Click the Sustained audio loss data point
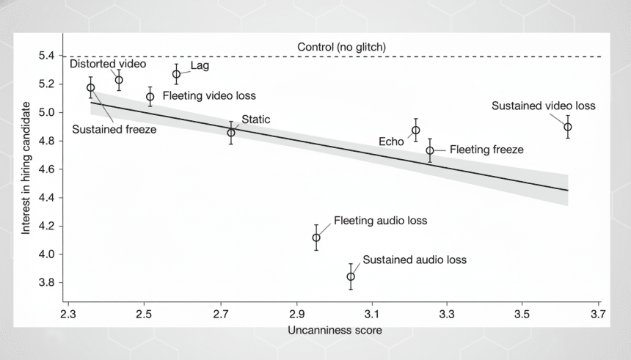(351, 276)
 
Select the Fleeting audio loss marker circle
(316, 238)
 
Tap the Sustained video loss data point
(567, 127)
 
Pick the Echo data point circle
(416, 131)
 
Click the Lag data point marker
(177, 74)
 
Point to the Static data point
(231, 133)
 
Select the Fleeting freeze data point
(430, 150)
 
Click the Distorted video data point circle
(119, 80)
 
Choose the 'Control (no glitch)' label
(341, 47)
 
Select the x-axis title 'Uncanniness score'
(335, 330)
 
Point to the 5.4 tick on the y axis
(47, 56)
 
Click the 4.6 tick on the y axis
(47, 169)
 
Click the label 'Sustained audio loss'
(415, 260)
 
